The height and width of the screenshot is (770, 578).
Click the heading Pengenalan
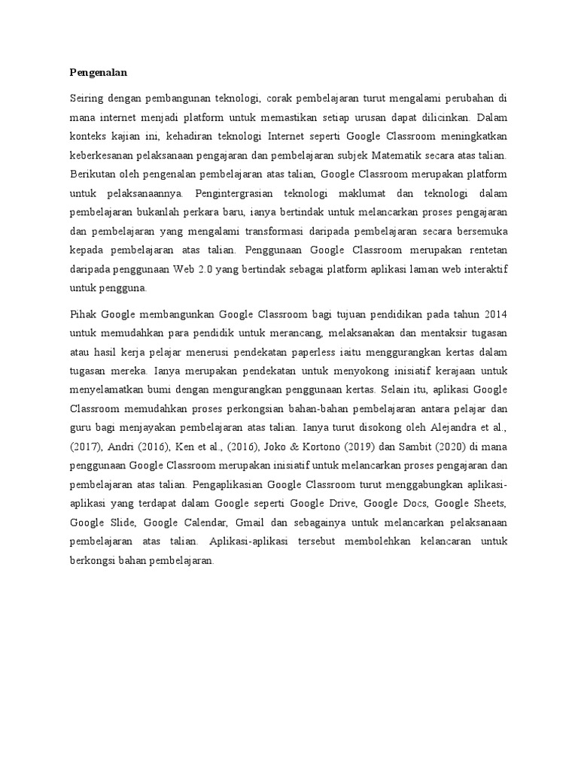[98, 73]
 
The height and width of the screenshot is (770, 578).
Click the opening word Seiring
[85, 99]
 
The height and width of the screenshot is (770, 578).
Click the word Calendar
[202, 522]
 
